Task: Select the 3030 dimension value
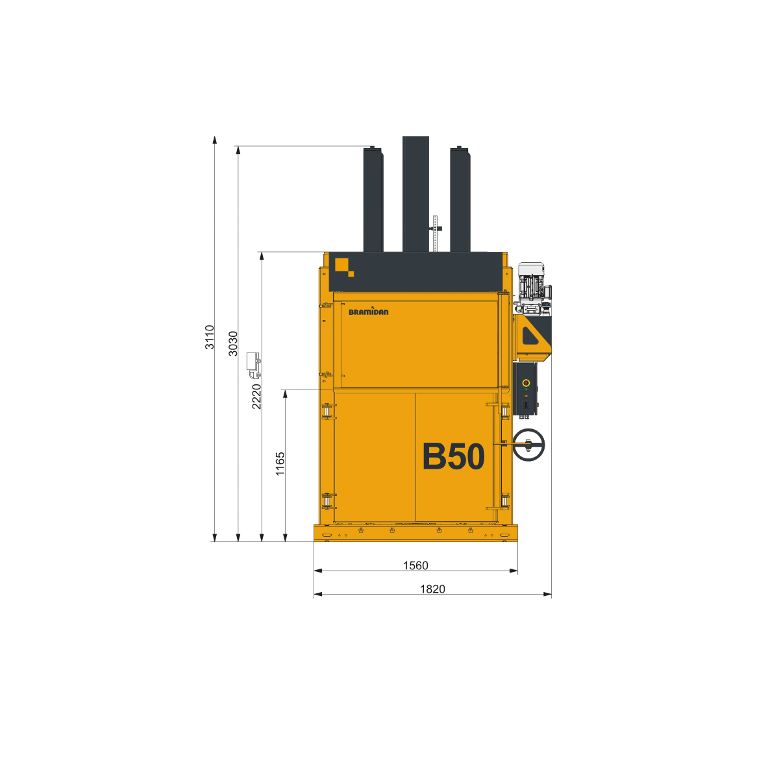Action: (233, 343)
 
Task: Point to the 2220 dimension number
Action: (256, 396)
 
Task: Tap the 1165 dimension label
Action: (280, 464)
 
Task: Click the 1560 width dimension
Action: (415, 565)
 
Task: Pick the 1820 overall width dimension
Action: (432, 589)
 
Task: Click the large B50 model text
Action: (453, 456)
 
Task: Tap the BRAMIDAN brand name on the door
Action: (369, 312)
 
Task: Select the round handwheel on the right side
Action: (528, 445)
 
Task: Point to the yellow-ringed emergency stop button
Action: (526, 383)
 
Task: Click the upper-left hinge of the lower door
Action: (328, 412)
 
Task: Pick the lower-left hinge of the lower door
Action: (328, 501)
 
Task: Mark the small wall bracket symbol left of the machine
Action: (254, 365)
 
